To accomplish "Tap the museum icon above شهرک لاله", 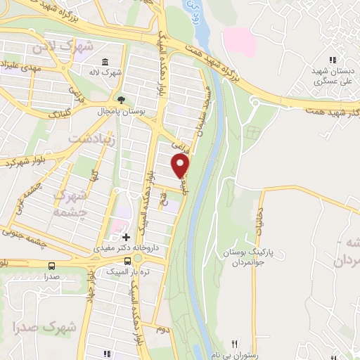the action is click(105, 61).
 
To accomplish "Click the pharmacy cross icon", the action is click(126, 238).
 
